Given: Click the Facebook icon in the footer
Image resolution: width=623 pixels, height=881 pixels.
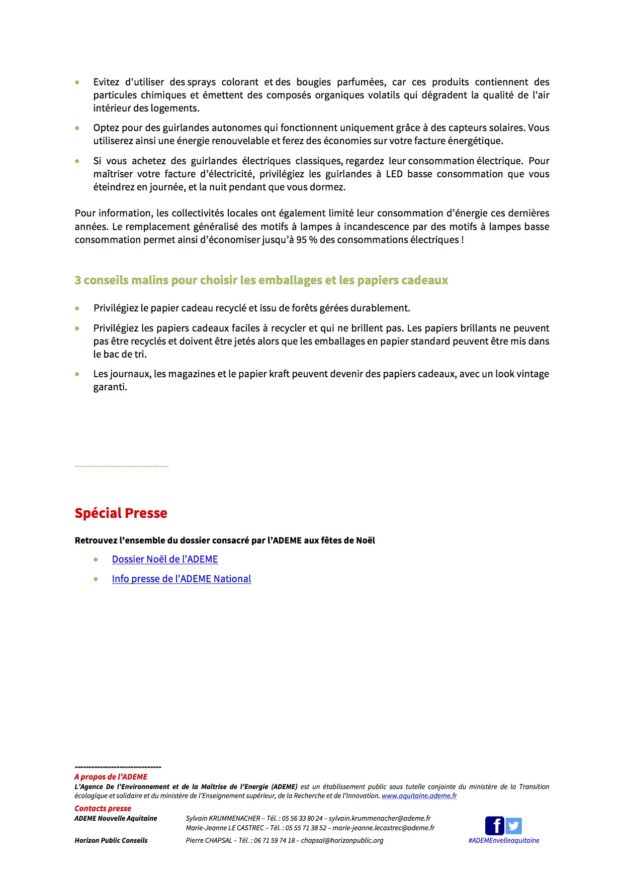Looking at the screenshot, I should (x=494, y=826).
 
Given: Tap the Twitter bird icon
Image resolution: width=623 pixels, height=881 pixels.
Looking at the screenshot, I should (x=513, y=826).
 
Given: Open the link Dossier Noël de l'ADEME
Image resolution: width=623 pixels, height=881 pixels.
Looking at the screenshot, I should (x=165, y=559).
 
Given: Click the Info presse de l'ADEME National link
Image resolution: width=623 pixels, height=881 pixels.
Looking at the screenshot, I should (x=181, y=579).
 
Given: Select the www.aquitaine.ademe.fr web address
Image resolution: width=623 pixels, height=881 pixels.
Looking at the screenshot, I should (x=419, y=796).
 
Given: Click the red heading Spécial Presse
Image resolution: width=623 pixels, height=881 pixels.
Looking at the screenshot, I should (x=121, y=513).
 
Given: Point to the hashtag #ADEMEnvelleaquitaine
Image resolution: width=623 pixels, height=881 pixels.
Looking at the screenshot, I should (x=503, y=840).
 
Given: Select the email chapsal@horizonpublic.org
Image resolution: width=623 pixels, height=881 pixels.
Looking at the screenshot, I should (x=342, y=840).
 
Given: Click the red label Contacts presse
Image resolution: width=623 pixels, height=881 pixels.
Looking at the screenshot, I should (x=103, y=808).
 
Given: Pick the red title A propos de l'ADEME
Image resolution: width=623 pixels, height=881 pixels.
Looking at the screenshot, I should (x=111, y=777).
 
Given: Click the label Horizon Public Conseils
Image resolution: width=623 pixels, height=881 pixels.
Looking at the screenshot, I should (x=111, y=840).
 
